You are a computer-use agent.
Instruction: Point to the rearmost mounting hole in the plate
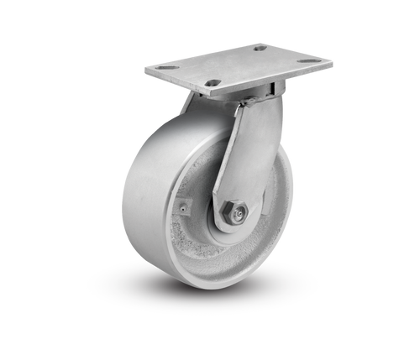pos(260,48)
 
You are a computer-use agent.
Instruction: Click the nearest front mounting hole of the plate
pos(213,82)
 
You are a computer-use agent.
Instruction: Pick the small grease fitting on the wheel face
pos(181,204)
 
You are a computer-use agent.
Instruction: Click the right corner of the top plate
pos(329,60)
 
